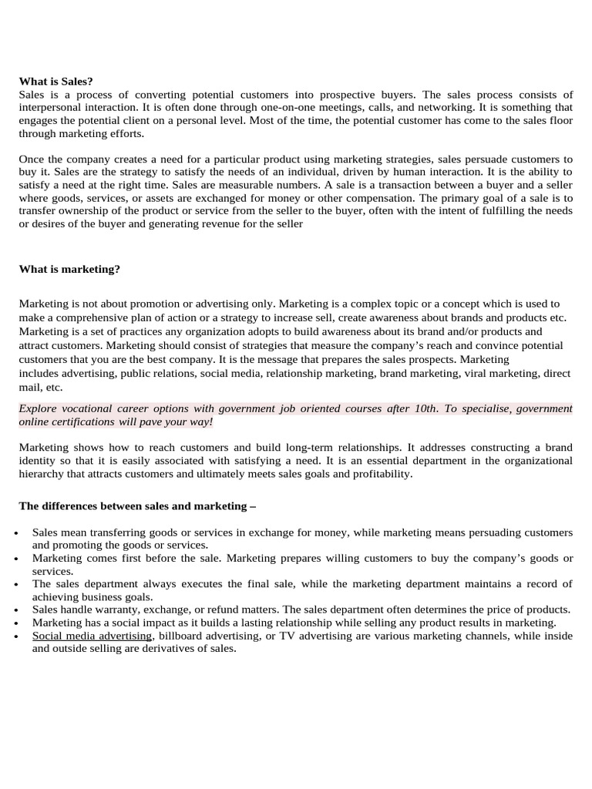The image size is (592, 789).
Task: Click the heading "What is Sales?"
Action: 55,81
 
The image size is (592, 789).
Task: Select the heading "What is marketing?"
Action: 69,269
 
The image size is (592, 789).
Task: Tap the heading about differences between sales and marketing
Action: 136,506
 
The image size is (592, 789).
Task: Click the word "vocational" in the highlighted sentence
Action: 91,408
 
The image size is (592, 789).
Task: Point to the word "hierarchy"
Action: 40,474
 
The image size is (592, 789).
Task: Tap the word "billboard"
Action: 183,636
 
